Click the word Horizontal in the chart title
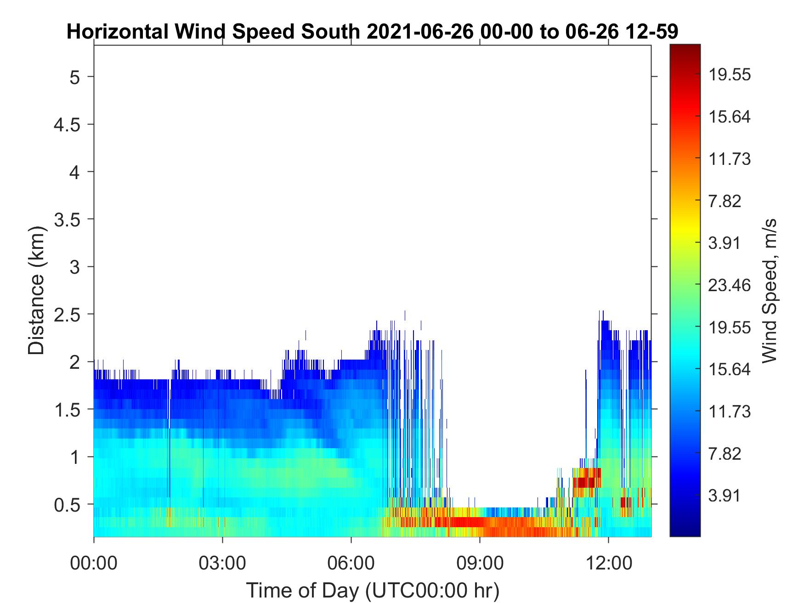pyautogui.click(x=117, y=32)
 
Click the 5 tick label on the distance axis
pyautogui.click(x=74, y=77)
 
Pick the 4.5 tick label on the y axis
pyautogui.click(x=67, y=124)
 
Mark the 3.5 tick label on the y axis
pyautogui.click(x=67, y=220)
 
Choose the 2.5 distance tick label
pyautogui.click(x=67, y=315)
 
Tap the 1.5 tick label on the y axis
pyautogui.click(x=67, y=410)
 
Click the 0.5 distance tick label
pyautogui.click(x=67, y=505)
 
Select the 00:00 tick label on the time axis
pyautogui.click(x=94, y=563)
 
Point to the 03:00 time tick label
pyautogui.click(x=222, y=563)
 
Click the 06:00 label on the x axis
pyautogui.click(x=351, y=563)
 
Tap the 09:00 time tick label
pyautogui.click(x=480, y=563)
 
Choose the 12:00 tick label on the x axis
pyautogui.click(x=608, y=563)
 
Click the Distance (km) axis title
pyautogui.click(x=37, y=291)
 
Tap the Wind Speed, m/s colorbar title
pyautogui.click(x=769, y=291)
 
